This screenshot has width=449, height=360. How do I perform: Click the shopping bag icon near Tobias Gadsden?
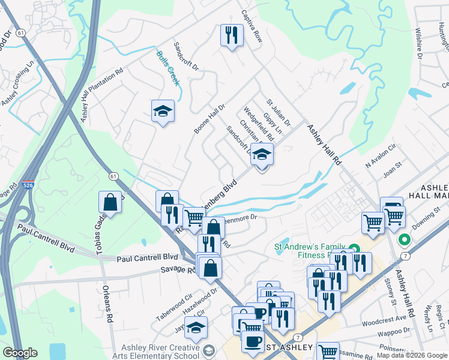(x=110, y=202)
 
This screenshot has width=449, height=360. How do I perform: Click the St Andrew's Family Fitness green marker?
(x=354, y=248)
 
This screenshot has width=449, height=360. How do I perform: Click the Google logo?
(x=20, y=353)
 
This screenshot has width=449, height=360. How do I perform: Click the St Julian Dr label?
(x=279, y=112)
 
